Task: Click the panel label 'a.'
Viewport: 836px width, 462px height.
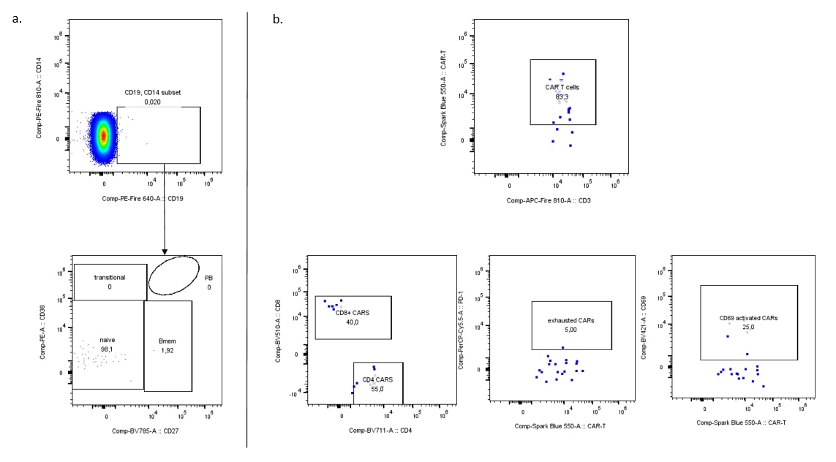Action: click(18, 19)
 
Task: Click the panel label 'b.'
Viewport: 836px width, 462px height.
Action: click(277, 19)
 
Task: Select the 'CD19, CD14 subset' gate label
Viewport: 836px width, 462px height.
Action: click(153, 93)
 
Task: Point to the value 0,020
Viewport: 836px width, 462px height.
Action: click(153, 102)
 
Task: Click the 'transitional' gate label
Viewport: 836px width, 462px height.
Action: click(110, 277)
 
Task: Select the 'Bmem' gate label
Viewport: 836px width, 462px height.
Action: click(168, 341)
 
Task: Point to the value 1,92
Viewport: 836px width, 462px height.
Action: click(168, 351)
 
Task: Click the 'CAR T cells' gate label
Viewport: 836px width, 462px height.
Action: click(562, 87)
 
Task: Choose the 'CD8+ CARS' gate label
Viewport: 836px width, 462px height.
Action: click(353, 312)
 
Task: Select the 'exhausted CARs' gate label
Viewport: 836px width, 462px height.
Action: click(571, 320)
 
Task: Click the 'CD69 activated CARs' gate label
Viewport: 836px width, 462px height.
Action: click(748, 318)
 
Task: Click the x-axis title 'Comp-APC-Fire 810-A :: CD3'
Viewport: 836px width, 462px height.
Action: click(548, 200)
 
